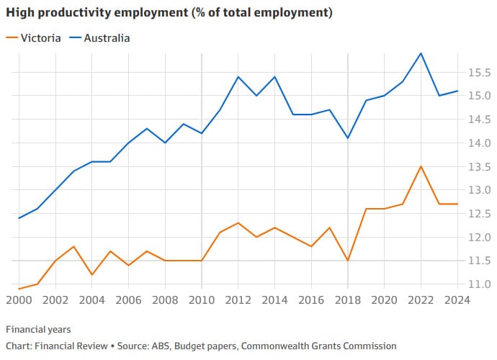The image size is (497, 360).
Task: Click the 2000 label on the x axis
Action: pyautogui.click(x=19, y=300)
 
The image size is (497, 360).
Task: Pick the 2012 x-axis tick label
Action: pyautogui.click(x=238, y=300)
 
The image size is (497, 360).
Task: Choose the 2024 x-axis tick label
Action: pyautogui.click(x=457, y=300)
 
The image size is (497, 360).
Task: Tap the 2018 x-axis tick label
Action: pyautogui.click(x=348, y=300)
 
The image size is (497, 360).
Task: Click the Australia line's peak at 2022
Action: pyautogui.click(x=421, y=53)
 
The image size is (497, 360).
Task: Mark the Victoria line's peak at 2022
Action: pyautogui.click(x=421, y=166)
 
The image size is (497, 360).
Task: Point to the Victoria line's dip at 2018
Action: pyautogui.click(x=348, y=260)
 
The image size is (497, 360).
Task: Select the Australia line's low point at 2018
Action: pyautogui.click(x=348, y=138)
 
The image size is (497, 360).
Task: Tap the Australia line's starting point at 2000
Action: pyautogui.click(x=19, y=218)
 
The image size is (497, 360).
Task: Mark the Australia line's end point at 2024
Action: pyautogui.click(x=457, y=91)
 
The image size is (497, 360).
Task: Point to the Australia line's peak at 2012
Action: pyautogui.click(x=238, y=76)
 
